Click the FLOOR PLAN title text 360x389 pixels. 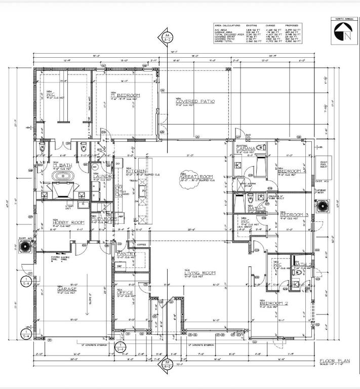[x=332, y=361]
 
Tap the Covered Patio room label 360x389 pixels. [x=195, y=101]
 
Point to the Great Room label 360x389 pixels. [x=197, y=177]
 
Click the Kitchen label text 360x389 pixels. [x=136, y=172]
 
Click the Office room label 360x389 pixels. [x=125, y=292]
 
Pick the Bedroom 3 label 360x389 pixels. [x=294, y=215]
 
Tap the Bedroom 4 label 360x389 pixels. [x=292, y=171]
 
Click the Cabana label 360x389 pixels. [x=246, y=148]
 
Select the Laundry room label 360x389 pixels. [x=102, y=176]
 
